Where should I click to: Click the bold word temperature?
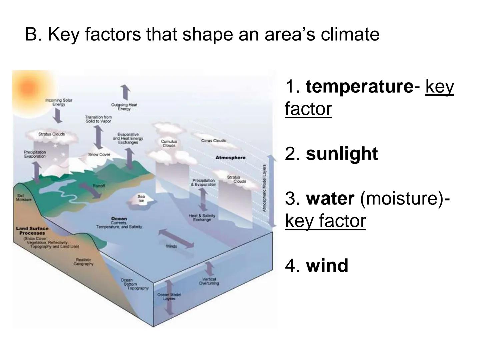[x=359, y=87]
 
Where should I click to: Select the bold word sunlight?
[x=342, y=154]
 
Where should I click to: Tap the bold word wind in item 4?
[x=327, y=266]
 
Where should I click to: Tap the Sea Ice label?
[x=141, y=199]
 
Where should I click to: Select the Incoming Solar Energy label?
[x=59, y=102]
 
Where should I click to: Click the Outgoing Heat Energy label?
[x=124, y=107]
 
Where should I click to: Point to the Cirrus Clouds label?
[x=213, y=141]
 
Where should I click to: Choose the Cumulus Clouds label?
[x=169, y=143]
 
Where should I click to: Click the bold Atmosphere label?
[x=230, y=157]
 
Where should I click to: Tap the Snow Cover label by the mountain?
[x=99, y=154]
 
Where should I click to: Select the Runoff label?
[x=99, y=186]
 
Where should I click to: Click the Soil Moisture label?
[x=24, y=198]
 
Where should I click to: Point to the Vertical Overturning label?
[x=209, y=281]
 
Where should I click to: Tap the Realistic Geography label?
[x=83, y=262]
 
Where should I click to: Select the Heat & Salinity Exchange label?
[x=202, y=218]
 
